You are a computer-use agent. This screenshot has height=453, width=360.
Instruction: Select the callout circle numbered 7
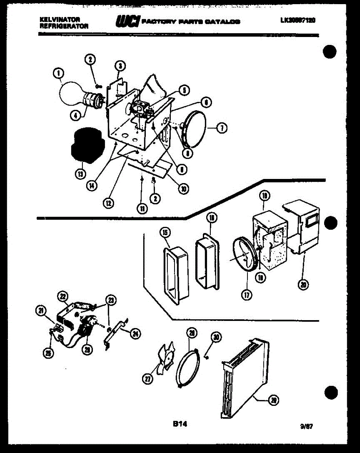[x=222, y=129]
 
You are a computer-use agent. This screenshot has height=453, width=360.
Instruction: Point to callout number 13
[x=80, y=174]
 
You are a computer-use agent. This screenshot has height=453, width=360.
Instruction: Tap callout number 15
[x=164, y=233]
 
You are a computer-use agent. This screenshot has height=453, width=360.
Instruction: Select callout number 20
[x=303, y=285]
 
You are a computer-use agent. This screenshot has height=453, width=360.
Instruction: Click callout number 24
[x=135, y=333]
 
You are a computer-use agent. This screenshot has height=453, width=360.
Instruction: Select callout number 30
[x=215, y=337]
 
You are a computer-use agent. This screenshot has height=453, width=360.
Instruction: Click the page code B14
[x=180, y=424]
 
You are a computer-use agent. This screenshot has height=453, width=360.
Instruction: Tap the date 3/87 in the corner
[x=306, y=426]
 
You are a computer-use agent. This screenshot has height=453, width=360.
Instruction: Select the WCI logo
[x=128, y=22]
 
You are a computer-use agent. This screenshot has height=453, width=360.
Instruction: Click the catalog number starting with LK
[x=297, y=21]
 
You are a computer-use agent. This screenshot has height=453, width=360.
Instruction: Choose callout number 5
[x=184, y=90]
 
